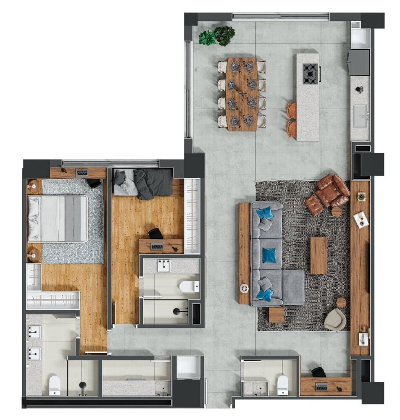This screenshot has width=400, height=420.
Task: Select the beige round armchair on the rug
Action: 335,320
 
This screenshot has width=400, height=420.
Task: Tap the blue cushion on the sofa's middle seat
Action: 269,255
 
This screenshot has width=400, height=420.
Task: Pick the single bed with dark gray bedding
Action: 143,183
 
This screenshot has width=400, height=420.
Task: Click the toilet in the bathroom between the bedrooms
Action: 189,287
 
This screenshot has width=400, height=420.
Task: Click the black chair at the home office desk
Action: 319,372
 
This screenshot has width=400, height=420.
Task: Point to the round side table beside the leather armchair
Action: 337,211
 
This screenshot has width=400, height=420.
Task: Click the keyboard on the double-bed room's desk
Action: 82,172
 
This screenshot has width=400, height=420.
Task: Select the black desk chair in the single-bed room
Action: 155,233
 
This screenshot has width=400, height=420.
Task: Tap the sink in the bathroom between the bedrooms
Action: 164,266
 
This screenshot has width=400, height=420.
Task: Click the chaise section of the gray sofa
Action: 293,287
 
